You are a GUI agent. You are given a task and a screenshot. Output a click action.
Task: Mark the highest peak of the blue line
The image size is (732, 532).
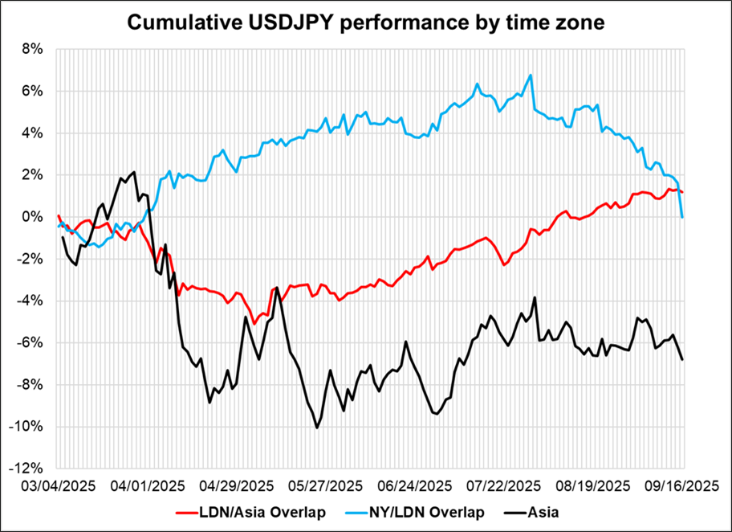pos(531,76)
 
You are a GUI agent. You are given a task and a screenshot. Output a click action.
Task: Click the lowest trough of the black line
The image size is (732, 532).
pos(317,428)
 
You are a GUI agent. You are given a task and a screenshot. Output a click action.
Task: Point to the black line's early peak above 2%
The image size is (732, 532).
pos(134,172)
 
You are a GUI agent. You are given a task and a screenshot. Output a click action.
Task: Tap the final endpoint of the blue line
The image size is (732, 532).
pos(682,217)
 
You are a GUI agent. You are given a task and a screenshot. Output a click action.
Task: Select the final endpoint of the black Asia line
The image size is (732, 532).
pos(683,359)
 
